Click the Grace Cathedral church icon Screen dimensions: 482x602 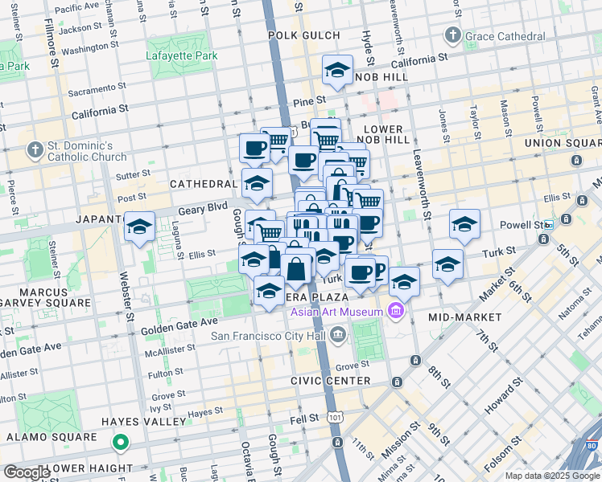pos(453,35)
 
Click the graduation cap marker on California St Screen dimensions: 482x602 pos(337,71)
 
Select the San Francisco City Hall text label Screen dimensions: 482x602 pos(270,335)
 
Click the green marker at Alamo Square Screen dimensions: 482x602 pos(120,441)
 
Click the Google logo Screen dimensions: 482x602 pos(26,472)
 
